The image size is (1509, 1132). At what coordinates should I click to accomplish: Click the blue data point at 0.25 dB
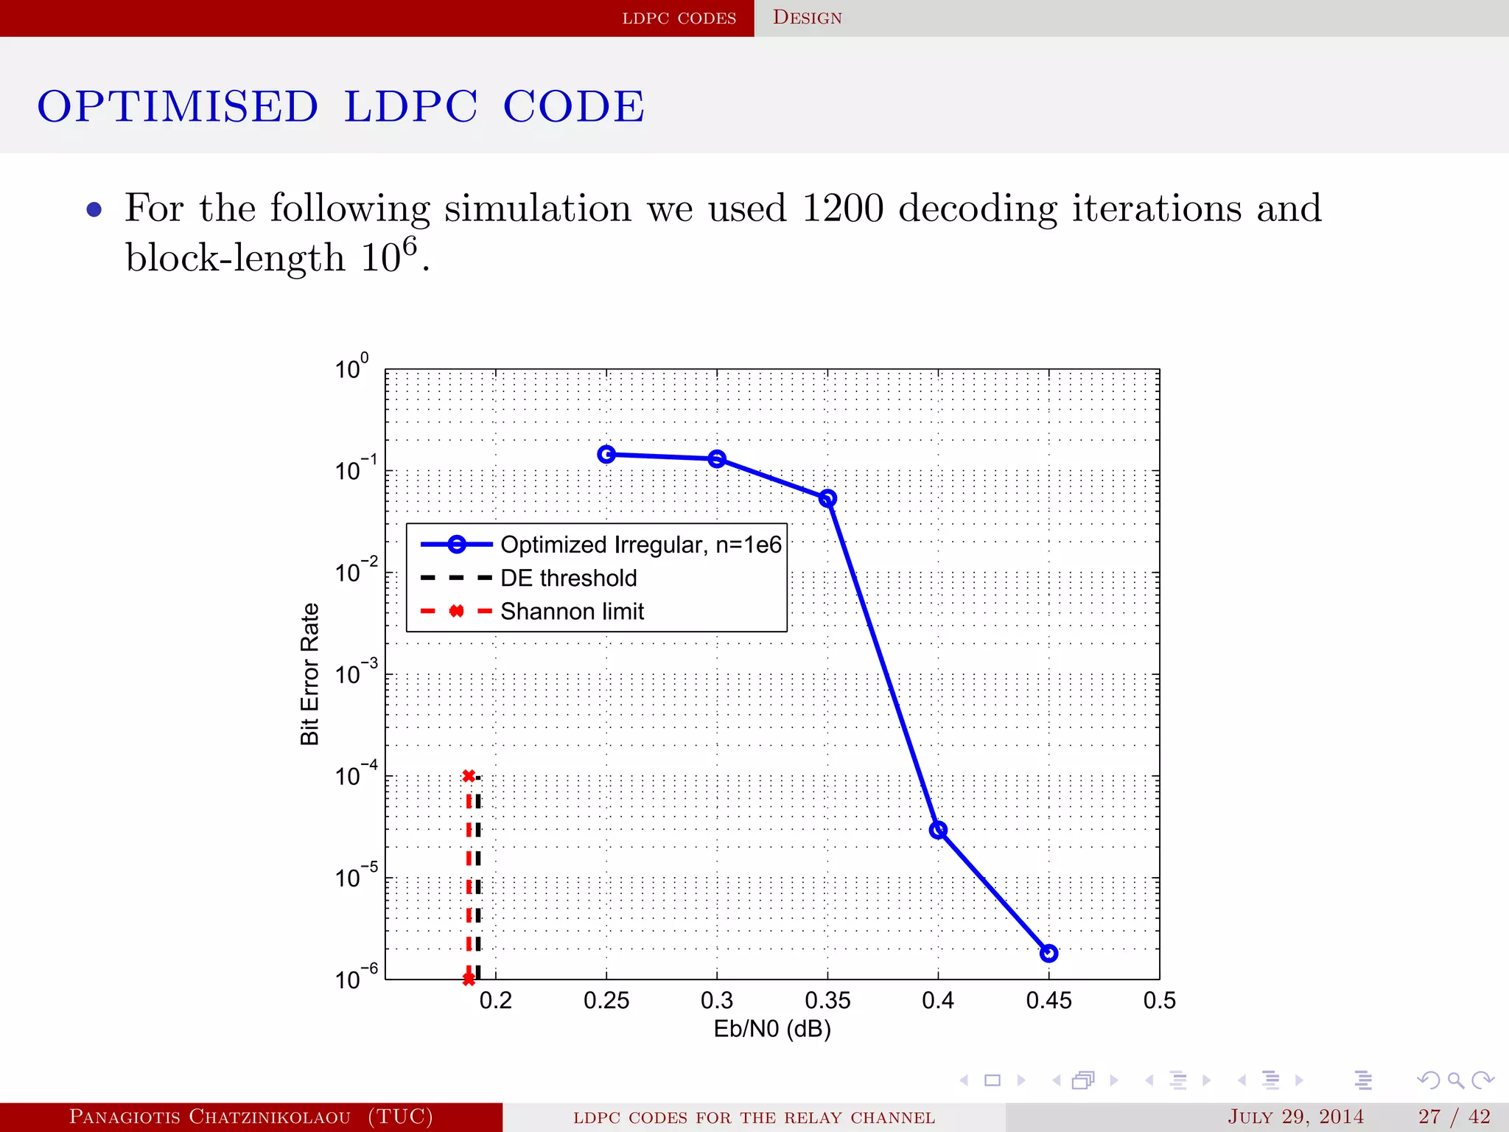click(x=606, y=455)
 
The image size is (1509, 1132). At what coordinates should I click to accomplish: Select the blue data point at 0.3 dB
click(x=717, y=459)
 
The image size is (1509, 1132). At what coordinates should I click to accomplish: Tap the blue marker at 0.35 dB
click(x=827, y=499)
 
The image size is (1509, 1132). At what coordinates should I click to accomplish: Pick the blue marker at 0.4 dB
click(x=938, y=831)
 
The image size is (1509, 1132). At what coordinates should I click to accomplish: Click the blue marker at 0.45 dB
click(x=1048, y=954)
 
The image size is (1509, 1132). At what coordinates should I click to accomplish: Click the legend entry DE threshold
click(x=568, y=579)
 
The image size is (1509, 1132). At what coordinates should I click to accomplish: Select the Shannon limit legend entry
click(x=572, y=612)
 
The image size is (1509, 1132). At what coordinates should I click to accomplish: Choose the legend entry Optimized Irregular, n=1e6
click(x=640, y=545)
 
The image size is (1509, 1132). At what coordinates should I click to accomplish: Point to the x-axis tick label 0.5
click(x=1159, y=1001)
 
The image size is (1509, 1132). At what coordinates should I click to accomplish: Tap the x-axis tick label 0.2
click(x=495, y=1001)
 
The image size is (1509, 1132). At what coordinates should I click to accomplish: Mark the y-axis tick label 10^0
click(x=351, y=367)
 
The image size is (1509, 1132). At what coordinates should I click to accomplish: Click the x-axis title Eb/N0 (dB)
click(x=771, y=1029)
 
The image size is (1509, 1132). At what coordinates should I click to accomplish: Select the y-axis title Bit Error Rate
click(x=309, y=674)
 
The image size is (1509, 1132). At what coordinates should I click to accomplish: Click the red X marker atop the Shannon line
click(x=469, y=776)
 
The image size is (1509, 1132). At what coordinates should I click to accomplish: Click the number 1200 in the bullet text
click(x=842, y=209)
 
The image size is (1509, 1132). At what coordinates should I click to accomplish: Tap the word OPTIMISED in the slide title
click(x=178, y=106)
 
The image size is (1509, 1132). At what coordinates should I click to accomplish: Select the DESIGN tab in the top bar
click(x=807, y=18)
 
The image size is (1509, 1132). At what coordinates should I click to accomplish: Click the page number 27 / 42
click(x=1454, y=1117)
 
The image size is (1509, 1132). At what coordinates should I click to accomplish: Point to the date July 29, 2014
click(x=1295, y=1117)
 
